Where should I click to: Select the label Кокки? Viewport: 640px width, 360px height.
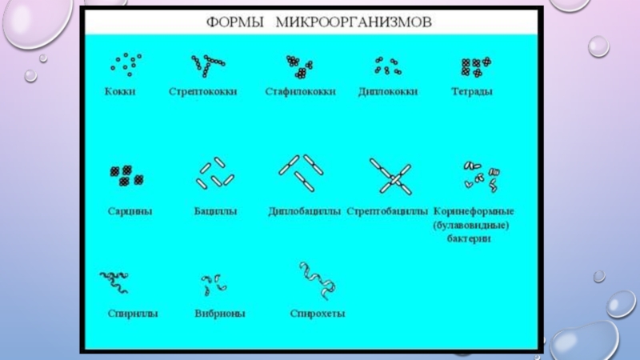(x=120, y=92)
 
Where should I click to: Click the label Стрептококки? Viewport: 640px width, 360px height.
(x=202, y=92)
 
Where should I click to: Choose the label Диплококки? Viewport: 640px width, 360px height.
(x=388, y=92)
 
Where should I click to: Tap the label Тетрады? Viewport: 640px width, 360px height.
(x=472, y=92)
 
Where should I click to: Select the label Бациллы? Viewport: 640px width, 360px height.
(x=214, y=212)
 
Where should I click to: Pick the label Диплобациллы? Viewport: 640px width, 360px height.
(x=305, y=212)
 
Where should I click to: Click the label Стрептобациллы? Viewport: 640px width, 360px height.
(x=389, y=212)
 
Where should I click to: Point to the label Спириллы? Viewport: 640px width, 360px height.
(x=132, y=314)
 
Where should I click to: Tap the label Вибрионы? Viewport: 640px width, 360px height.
(x=219, y=314)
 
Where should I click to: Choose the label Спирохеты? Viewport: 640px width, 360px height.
(x=318, y=314)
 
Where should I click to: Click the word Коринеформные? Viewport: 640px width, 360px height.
(x=474, y=212)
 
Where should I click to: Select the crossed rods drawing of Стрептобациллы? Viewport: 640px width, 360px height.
(x=390, y=176)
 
